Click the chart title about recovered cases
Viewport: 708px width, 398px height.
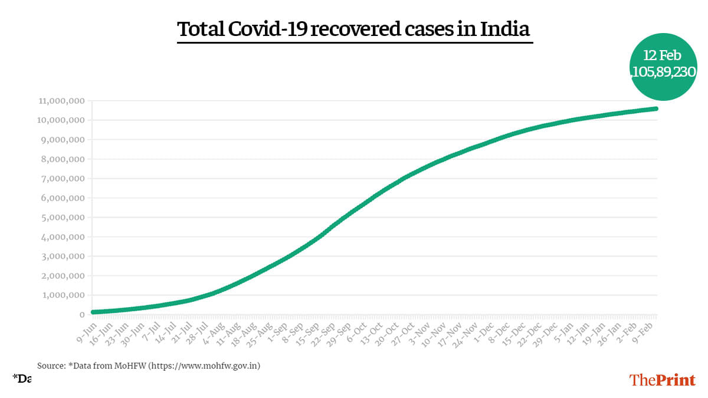(354, 29)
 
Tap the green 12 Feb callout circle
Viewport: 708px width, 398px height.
(662, 65)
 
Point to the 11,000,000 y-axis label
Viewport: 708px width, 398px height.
(60, 101)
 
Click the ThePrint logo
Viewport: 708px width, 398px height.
(663, 380)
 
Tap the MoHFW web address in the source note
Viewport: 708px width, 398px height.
(204, 366)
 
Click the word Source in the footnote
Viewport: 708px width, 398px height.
(51, 366)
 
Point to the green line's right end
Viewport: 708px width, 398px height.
(656, 108)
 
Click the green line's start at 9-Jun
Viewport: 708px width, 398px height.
(93, 312)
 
